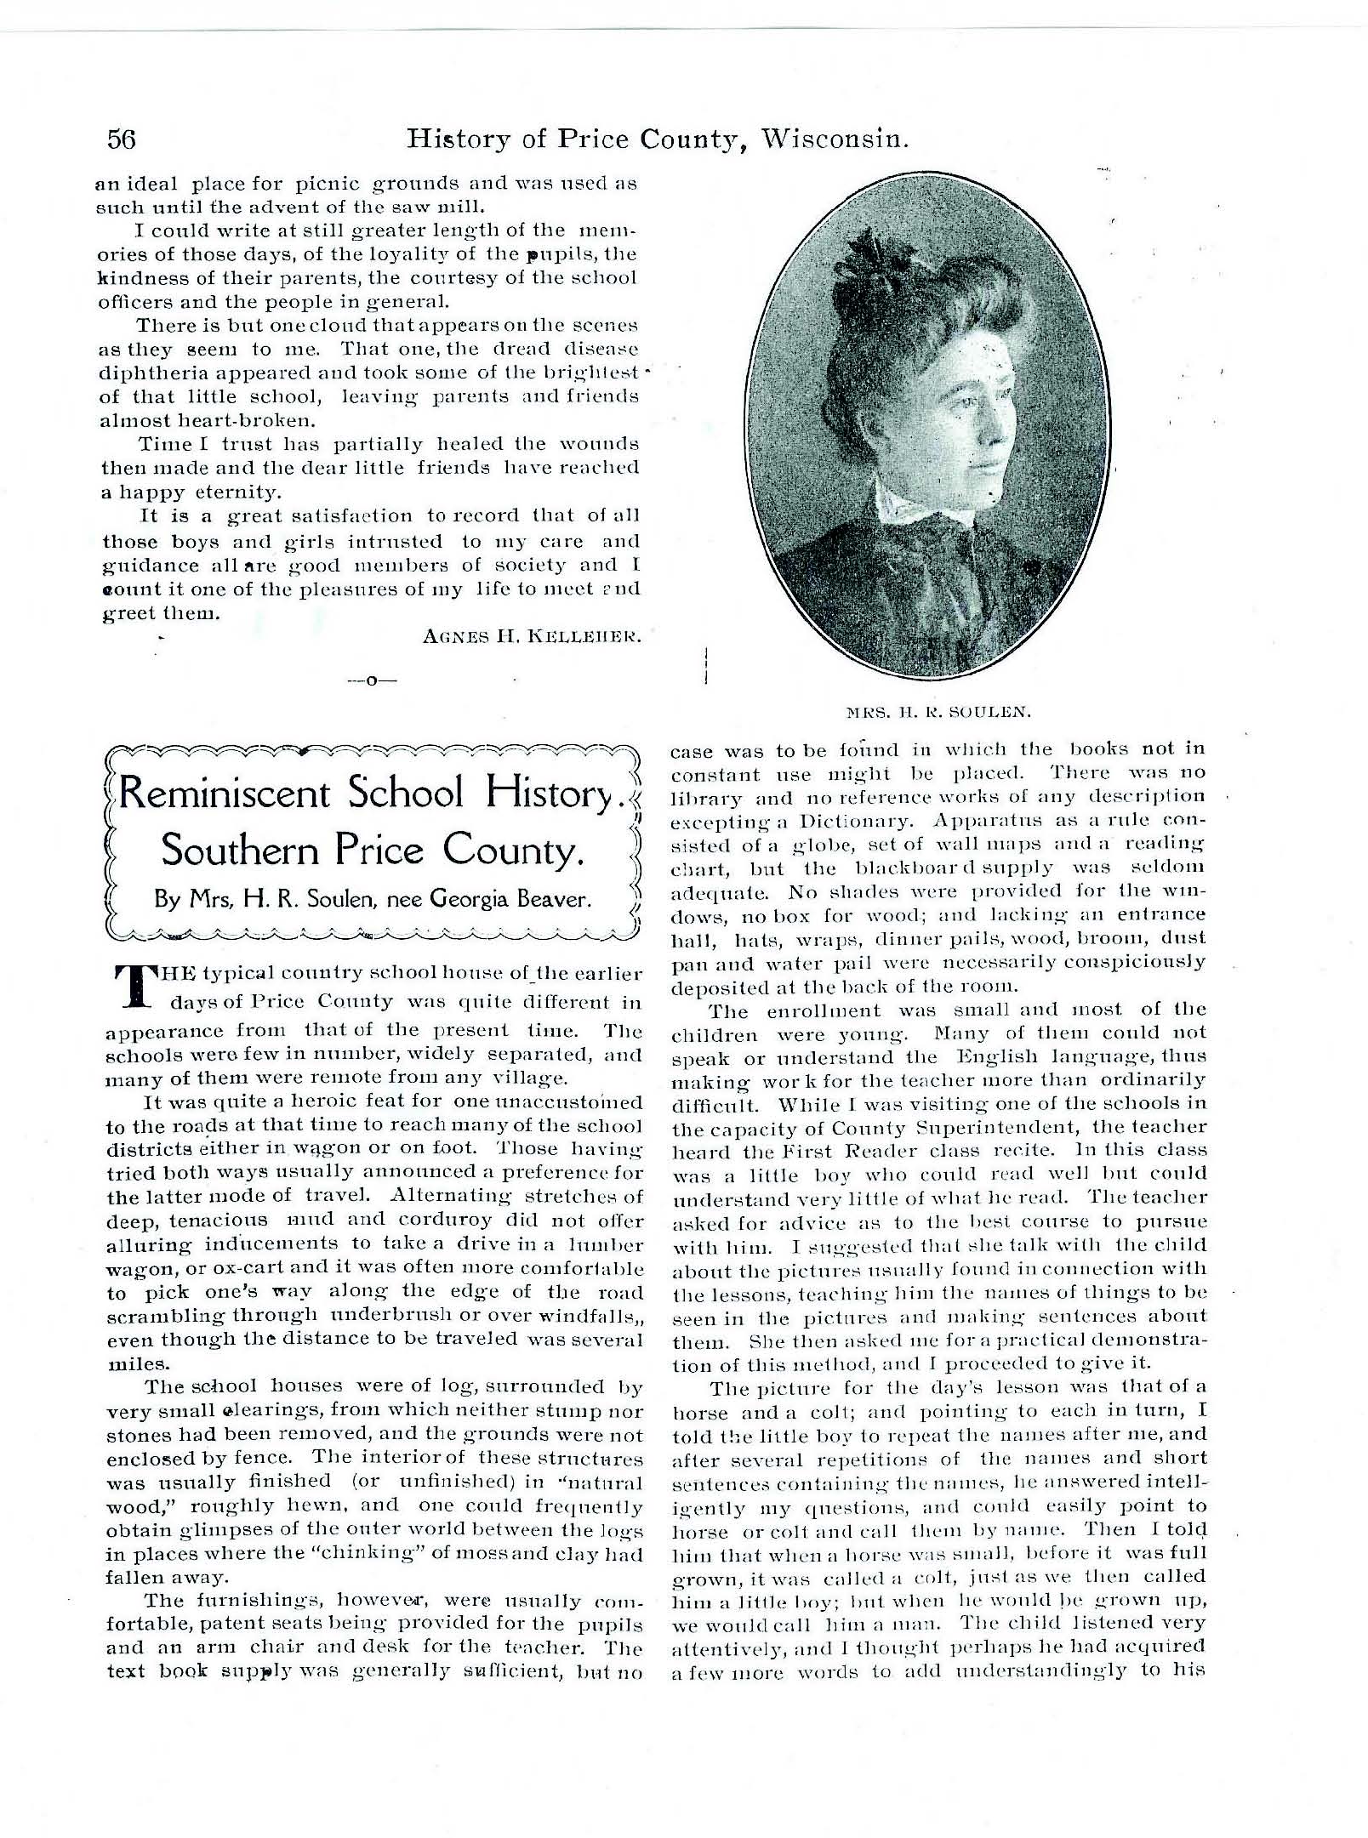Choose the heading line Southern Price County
tap(372, 851)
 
